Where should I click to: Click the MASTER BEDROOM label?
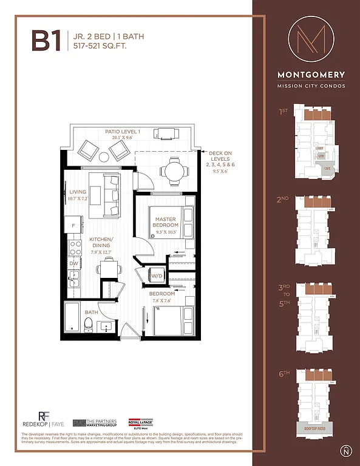pos(165,223)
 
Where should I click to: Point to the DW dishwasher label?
pos(73,263)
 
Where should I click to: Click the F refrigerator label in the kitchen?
pos(73,226)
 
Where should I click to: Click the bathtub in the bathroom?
pos(72,317)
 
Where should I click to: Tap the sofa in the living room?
pos(112,195)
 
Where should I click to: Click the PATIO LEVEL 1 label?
pos(122,132)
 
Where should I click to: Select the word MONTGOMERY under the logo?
pos(311,75)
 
